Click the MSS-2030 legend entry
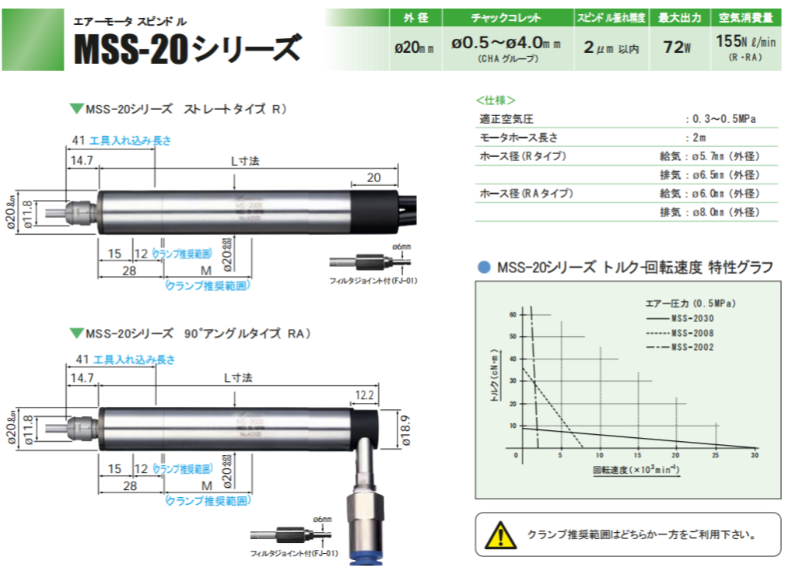pyautogui.click(x=692, y=317)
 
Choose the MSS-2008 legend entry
pyautogui.click(x=692, y=332)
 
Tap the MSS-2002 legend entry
pyautogui.click(x=692, y=347)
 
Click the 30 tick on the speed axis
pyautogui.click(x=754, y=455)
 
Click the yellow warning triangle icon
pyautogui.click(x=500, y=535)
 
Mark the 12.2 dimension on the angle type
pyautogui.click(x=365, y=396)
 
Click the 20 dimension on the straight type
pyautogui.click(x=373, y=178)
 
